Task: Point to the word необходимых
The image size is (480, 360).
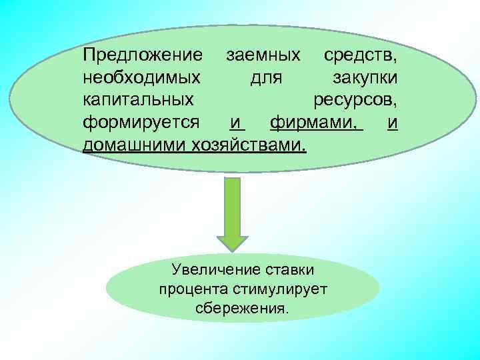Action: point(141,78)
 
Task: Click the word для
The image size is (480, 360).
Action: point(266,78)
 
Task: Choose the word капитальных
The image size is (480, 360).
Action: point(139,100)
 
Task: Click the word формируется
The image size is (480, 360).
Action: point(141,123)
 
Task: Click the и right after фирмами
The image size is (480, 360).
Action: point(393,123)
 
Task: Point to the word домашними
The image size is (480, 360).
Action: point(135,145)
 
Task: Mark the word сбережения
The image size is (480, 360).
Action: point(243,309)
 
